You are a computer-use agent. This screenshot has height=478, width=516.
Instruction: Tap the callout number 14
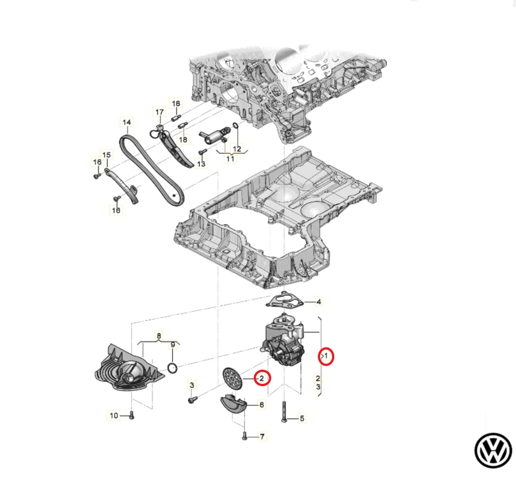tap(126, 123)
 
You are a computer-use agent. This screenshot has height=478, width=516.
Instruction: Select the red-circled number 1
tap(326, 356)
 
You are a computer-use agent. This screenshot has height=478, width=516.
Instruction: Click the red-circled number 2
tap(261, 379)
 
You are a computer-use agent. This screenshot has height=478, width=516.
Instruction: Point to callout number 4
tap(318, 302)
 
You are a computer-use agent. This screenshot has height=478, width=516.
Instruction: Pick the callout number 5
tap(302, 418)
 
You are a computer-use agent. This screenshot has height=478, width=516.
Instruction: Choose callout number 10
tap(113, 415)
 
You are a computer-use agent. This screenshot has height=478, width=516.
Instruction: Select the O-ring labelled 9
tap(173, 368)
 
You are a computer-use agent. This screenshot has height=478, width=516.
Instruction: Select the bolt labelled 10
tap(131, 416)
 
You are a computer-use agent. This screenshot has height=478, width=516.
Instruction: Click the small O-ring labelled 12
tap(236, 127)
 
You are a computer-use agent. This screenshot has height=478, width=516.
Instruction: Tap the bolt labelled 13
tap(203, 153)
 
